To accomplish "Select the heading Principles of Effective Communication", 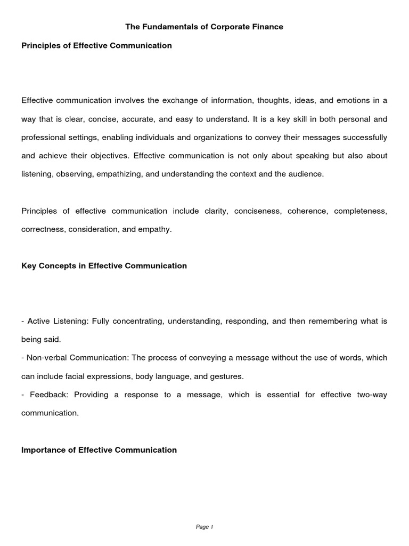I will (x=96, y=46).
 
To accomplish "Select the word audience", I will (x=305, y=174).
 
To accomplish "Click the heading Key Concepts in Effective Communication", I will (x=104, y=266).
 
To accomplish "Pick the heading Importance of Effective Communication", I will (x=99, y=450).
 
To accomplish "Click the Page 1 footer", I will (x=204, y=527).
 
